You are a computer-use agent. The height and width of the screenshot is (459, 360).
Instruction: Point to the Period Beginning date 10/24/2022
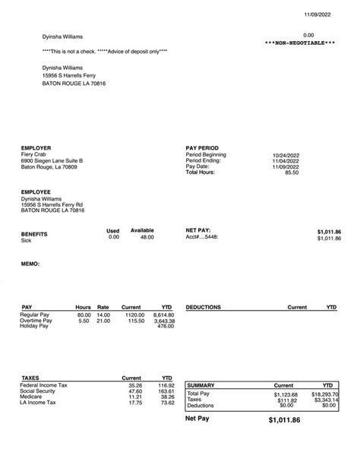(x=286, y=155)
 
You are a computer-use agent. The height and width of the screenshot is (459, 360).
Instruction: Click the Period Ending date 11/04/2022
(x=286, y=161)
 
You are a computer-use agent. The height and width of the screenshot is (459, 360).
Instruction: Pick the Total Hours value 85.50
(x=291, y=173)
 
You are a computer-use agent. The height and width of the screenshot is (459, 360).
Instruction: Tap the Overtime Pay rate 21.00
(x=103, y=321)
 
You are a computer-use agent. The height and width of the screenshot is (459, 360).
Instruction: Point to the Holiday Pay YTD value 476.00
(x=166, y=328)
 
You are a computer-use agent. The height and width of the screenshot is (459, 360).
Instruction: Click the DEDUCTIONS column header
(x=203, y=308)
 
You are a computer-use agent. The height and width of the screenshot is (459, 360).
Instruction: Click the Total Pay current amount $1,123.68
(x=286, y=394)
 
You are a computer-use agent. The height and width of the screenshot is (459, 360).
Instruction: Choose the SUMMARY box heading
(x=201, y=385)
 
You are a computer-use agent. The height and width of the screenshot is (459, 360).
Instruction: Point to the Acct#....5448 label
(x=203, y=238)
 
